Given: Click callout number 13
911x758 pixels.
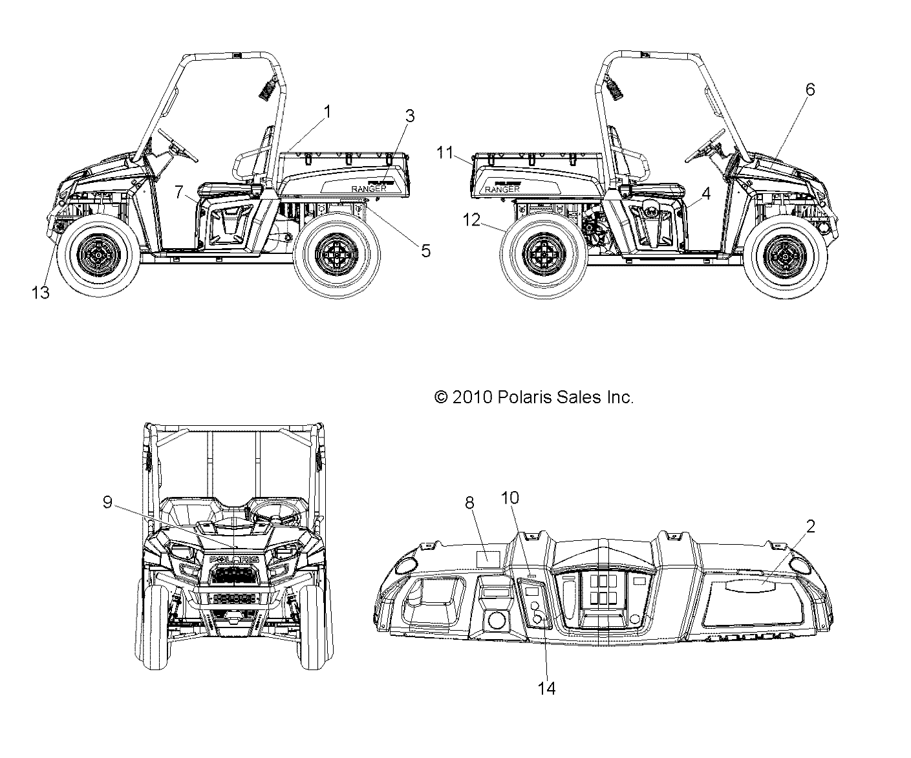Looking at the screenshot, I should click(40, 292).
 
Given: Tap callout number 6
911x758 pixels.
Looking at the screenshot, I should click(809, 90).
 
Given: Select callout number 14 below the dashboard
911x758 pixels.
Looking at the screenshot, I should click(546, 688).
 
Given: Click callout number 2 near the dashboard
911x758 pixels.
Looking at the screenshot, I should click(809, 526).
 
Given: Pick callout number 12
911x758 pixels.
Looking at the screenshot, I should click(471, 220).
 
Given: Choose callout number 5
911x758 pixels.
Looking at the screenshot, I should click(425, 250).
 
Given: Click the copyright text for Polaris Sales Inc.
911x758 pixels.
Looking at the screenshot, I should click(534, 397).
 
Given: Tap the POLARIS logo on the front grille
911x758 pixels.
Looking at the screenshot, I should click(232, 559).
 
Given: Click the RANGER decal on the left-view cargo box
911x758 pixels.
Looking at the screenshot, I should click(369, 188).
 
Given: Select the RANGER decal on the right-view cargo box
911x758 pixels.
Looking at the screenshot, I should click(502, 189).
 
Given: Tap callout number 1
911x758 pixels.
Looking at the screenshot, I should click(327, 112).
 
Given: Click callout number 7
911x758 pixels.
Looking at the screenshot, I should click(179, 191).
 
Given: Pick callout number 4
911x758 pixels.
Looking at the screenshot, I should click(706, 193).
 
